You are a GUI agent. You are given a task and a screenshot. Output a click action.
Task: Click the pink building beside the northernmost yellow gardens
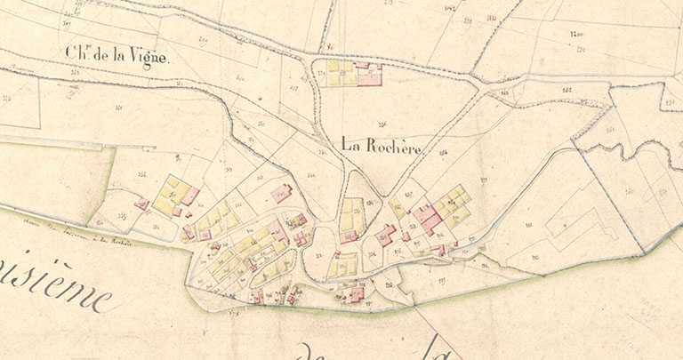click(x=368, y=74)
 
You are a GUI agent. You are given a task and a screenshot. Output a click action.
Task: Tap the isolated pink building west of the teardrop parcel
click(x=281, y=193)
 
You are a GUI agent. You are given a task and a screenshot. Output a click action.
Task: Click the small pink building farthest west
click(x=141, y=204)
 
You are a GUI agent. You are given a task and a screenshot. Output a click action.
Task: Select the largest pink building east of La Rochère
click(x=427, y=216)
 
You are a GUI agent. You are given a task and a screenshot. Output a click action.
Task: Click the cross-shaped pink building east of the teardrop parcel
click(x=385, y=235)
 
